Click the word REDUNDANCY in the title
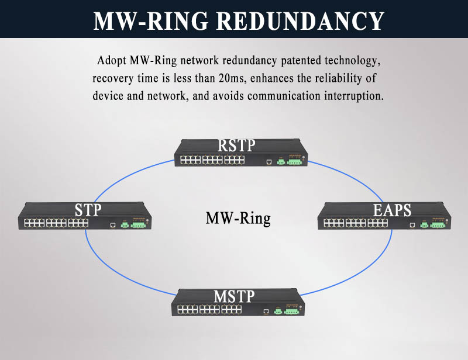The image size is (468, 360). [x=300, y=21]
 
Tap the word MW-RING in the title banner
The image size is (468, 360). [x=150, y=21]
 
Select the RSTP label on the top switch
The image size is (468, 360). [x=236, y=146]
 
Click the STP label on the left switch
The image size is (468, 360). [x=88, y=210]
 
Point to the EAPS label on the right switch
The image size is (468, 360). [x=392, y=210]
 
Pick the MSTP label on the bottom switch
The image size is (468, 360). [x=235, y=296]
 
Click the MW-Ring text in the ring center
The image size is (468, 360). [x=238, y=219]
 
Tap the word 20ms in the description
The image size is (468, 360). [x=232, y=78]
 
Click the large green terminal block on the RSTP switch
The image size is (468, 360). [x=295, y=161]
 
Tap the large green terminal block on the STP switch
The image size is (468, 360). [x=138, y=225]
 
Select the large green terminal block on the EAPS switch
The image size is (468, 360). [x=438, y=225]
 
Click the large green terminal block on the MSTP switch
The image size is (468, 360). [x=291, y=311]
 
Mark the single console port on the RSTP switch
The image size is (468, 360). [x=269, y=162]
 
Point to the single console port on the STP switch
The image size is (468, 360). [x=113, y=225]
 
